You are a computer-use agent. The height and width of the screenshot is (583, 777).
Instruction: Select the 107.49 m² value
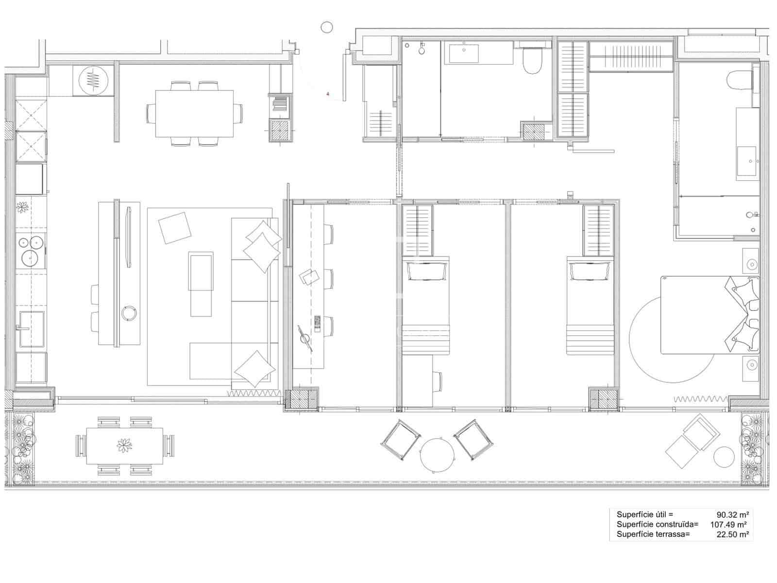(729, 525)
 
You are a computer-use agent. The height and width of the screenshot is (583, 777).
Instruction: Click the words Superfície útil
(645, 514)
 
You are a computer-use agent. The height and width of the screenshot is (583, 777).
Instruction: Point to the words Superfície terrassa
(653, 535)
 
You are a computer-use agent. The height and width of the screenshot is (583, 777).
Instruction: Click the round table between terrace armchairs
(438, 454)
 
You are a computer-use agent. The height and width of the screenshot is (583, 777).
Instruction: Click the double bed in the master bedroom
(709, 315)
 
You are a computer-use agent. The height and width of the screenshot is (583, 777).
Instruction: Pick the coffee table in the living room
(201, 284)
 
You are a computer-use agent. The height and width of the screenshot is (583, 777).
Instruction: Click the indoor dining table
(194, 114)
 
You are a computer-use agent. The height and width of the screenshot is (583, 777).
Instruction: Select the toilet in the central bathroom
(532, 61)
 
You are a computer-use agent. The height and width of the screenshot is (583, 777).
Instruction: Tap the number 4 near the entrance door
(328, 94)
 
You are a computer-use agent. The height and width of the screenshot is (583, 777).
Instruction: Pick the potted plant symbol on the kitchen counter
(22, 207)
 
